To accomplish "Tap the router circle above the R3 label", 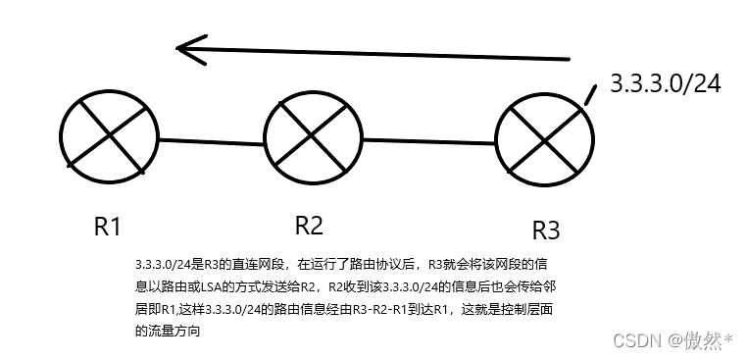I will click(544, 143).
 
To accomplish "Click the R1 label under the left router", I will click(107, 227).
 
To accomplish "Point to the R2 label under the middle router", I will click(309, 226).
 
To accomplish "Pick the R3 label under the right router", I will click(546, 231).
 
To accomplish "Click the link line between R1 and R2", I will click(211, 140).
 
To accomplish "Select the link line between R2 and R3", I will click(428, 141).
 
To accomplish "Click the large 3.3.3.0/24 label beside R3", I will click(666, 84).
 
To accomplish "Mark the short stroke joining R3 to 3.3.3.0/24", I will click(590, 94).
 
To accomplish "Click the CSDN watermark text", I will click(633, 340).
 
